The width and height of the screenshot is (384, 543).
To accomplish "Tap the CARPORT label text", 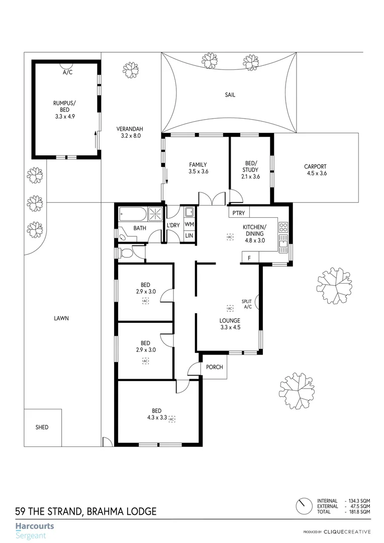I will coord(315,167).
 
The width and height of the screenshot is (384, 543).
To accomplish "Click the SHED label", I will coord(42,427).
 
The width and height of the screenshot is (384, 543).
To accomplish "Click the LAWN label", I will coord(62,318).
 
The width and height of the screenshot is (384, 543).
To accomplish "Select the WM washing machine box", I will coord(189,224).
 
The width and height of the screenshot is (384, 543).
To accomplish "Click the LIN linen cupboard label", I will coord(189,235).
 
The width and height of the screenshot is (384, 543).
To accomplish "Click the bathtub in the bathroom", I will coord(133,215).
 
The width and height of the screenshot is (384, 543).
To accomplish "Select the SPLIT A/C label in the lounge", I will coord(247,304).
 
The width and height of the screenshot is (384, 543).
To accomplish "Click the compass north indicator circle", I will coord(303,505).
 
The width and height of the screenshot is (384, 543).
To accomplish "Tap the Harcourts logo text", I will coord(34,526).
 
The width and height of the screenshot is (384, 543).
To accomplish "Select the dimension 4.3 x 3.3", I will coord(157,417).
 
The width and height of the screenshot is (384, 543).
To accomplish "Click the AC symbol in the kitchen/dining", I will coord(230,236).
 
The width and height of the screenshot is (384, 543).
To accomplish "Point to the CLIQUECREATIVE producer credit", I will coord(347,532).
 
